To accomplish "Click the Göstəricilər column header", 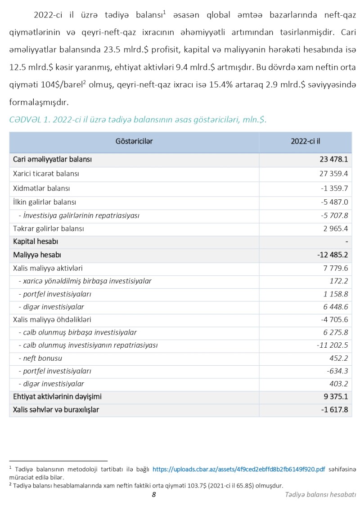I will tap(134, 142).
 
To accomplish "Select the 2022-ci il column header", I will tap(306, 142).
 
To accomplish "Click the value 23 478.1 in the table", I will tap(333, 159).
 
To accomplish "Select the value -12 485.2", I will tap(333, 255).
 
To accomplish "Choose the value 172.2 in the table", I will tap(339, 281).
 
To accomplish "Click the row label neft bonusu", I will tap(42, 359).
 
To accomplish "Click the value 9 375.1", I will tap(335, 397).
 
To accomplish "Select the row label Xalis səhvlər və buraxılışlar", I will tap(56, 410).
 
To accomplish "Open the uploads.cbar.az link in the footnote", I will tap(238, 469).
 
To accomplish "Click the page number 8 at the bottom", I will tap(153, 494).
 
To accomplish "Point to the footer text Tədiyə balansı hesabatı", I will tap(320, 495).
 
